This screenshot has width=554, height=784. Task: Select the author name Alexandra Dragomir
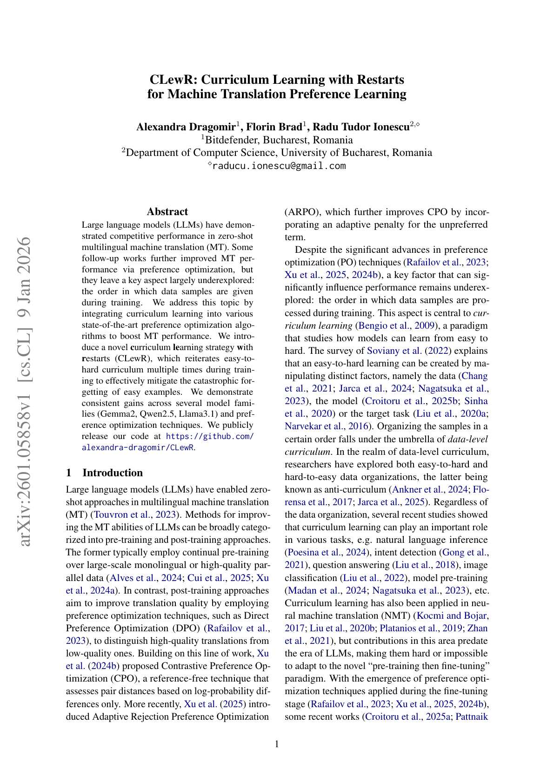186,127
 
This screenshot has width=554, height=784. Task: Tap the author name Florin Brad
274,127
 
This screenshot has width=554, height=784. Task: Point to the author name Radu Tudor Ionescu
360,127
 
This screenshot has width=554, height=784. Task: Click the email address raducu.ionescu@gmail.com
279,166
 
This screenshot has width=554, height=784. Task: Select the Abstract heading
167,212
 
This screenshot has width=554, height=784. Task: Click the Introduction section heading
113,473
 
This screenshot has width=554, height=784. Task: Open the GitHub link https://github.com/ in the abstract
210,436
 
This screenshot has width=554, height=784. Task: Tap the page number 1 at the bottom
277,744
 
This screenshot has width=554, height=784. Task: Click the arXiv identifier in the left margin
24,391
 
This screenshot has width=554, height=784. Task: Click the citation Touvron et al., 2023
135,514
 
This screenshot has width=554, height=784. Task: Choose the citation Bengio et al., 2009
396,325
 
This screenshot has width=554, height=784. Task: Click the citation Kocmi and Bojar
451,615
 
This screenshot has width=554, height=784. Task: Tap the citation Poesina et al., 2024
327,553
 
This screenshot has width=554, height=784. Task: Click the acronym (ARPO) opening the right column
302,212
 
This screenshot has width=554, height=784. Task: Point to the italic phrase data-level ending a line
467,439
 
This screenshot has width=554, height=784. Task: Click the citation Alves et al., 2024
145,578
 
